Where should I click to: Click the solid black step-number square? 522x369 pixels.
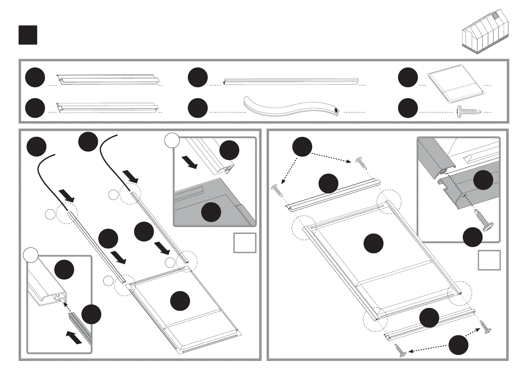click(x=28, y=35)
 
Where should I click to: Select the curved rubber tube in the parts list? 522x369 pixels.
click(x=291, y=108)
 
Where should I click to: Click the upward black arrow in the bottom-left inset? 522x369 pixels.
click(x=74, y=337)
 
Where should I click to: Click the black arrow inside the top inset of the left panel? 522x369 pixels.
click(x=189, y=162)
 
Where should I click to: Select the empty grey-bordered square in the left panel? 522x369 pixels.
click(x=245, y=243)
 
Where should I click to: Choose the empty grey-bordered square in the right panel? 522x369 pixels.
click(x=489, y=260)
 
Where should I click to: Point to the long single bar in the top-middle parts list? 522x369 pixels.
click(x=291, y=81)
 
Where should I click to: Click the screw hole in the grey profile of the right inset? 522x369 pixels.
click(x=464, y=195)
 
